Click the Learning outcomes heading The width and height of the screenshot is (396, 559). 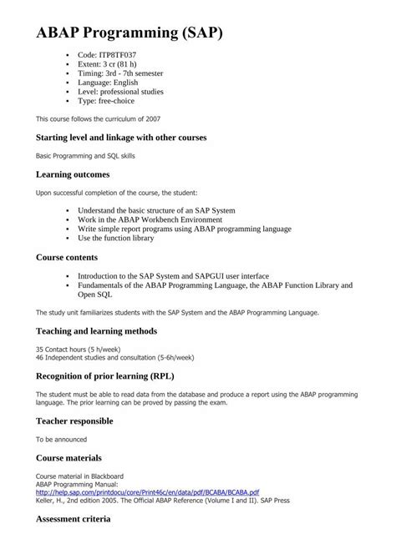coord(84,174)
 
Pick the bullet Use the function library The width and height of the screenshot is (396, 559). coord(116,238)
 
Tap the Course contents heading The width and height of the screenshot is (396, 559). coord(78,257)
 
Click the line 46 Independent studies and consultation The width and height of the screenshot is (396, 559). coord(114,356)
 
